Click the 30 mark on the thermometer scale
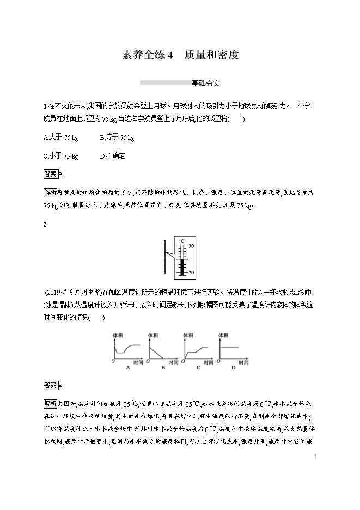(191, 246)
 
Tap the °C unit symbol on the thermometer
(181, 240)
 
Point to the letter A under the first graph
(128, 368)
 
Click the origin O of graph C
(184, 361)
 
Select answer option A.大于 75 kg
(60, 138)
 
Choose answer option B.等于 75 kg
(117, 138)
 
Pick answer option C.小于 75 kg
(60, 156)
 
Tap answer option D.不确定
(113, 156)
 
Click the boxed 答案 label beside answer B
(50, 174)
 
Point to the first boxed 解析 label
(50, 192)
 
